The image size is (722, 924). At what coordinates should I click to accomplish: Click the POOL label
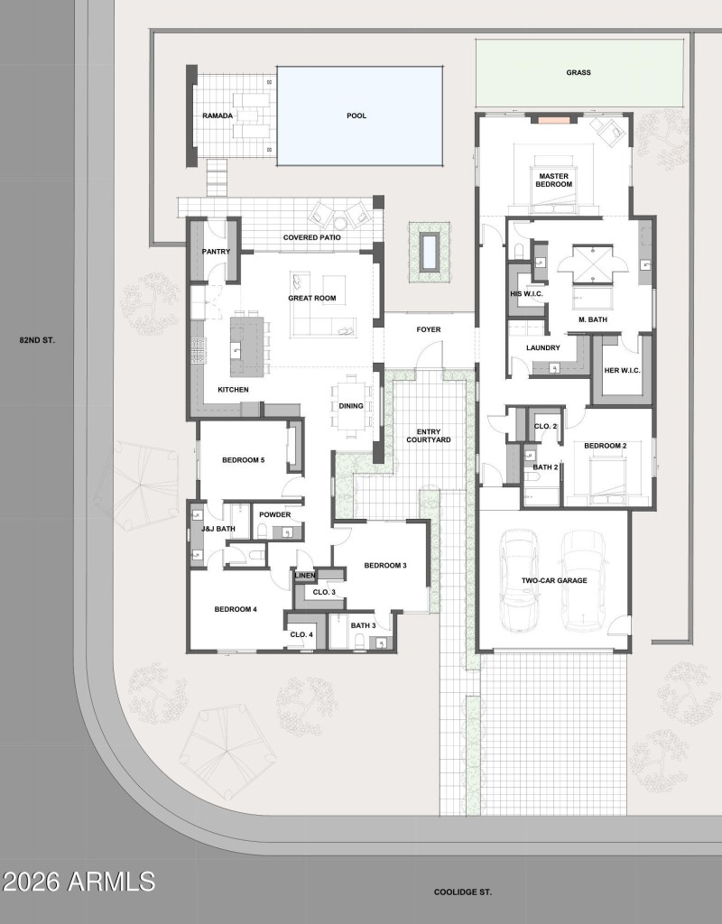pyautogui.click(x=356, y=115)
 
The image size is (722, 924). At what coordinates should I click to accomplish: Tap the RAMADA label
pyautogui.click(x=218, y=115)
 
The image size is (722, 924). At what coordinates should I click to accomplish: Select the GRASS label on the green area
pyautogui.click(x=579, y=72)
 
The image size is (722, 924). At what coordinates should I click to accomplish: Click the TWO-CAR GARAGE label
pyautogui.click(x=554, y=581)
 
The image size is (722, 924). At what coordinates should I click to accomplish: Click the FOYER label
pyautogui.click(x=429, y=329)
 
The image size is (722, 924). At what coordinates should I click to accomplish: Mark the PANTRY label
pyautogui.click(x=216, y=252)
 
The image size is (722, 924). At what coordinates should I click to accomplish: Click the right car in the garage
pyautogui.click(x=585, y=577)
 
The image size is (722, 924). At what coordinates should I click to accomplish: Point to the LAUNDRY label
pyautogui.click(x=543, y=347)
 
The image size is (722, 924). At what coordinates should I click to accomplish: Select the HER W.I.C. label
pyautogui.click(x=622, y=369)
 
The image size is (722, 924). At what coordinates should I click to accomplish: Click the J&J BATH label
pyautogui.click(x=218, y=529)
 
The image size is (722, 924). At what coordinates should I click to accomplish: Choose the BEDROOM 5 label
pyautogui.click(x=244, y=460)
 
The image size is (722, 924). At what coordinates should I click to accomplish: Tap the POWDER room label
pyautogui.click(x=274, y=514)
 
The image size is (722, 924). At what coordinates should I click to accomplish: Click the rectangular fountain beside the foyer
pyautogui.click(x=430, y=251)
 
